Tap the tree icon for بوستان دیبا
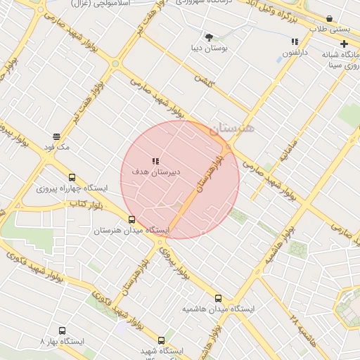click(x=209, y=37)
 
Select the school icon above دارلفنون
click(x=295, y=41)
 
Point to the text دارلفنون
click(x=295, y=53)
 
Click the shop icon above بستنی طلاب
click(x=329, y=18)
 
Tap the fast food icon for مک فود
click(x=56, y=136)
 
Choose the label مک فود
click(x=56, y=147)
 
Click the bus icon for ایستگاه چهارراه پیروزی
click(x=72, y=178)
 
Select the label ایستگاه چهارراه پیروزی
click(x=72, y=188)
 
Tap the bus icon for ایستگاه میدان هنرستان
click(x=131, y=219)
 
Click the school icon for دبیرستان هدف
click(x=155, y=161)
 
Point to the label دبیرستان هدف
click(x=156, y=172)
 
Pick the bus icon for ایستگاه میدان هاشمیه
click(x=218, y=298)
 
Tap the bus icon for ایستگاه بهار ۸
click(x=62, y=330)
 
